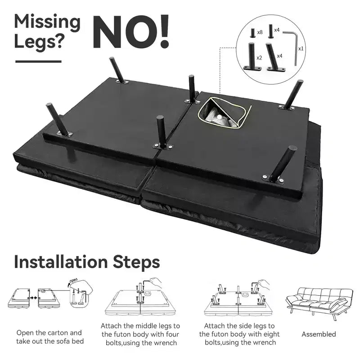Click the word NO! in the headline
[x=131, y=31]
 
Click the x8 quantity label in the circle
[x=260, y=32]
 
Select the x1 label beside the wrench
[x=301, y=49]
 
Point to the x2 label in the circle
[x=259, y=58]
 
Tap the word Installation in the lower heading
[x=61, y=262]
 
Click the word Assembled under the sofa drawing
[x=319, y=334]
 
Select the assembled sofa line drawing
[x=319, y=303]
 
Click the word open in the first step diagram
[x=73, y=280]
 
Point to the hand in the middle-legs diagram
[x=156, y=281]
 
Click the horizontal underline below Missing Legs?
[x=38, y=62]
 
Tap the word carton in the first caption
[x=58, y=333]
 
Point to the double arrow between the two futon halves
[x=34, y=297]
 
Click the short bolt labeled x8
[x=253, y=33]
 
